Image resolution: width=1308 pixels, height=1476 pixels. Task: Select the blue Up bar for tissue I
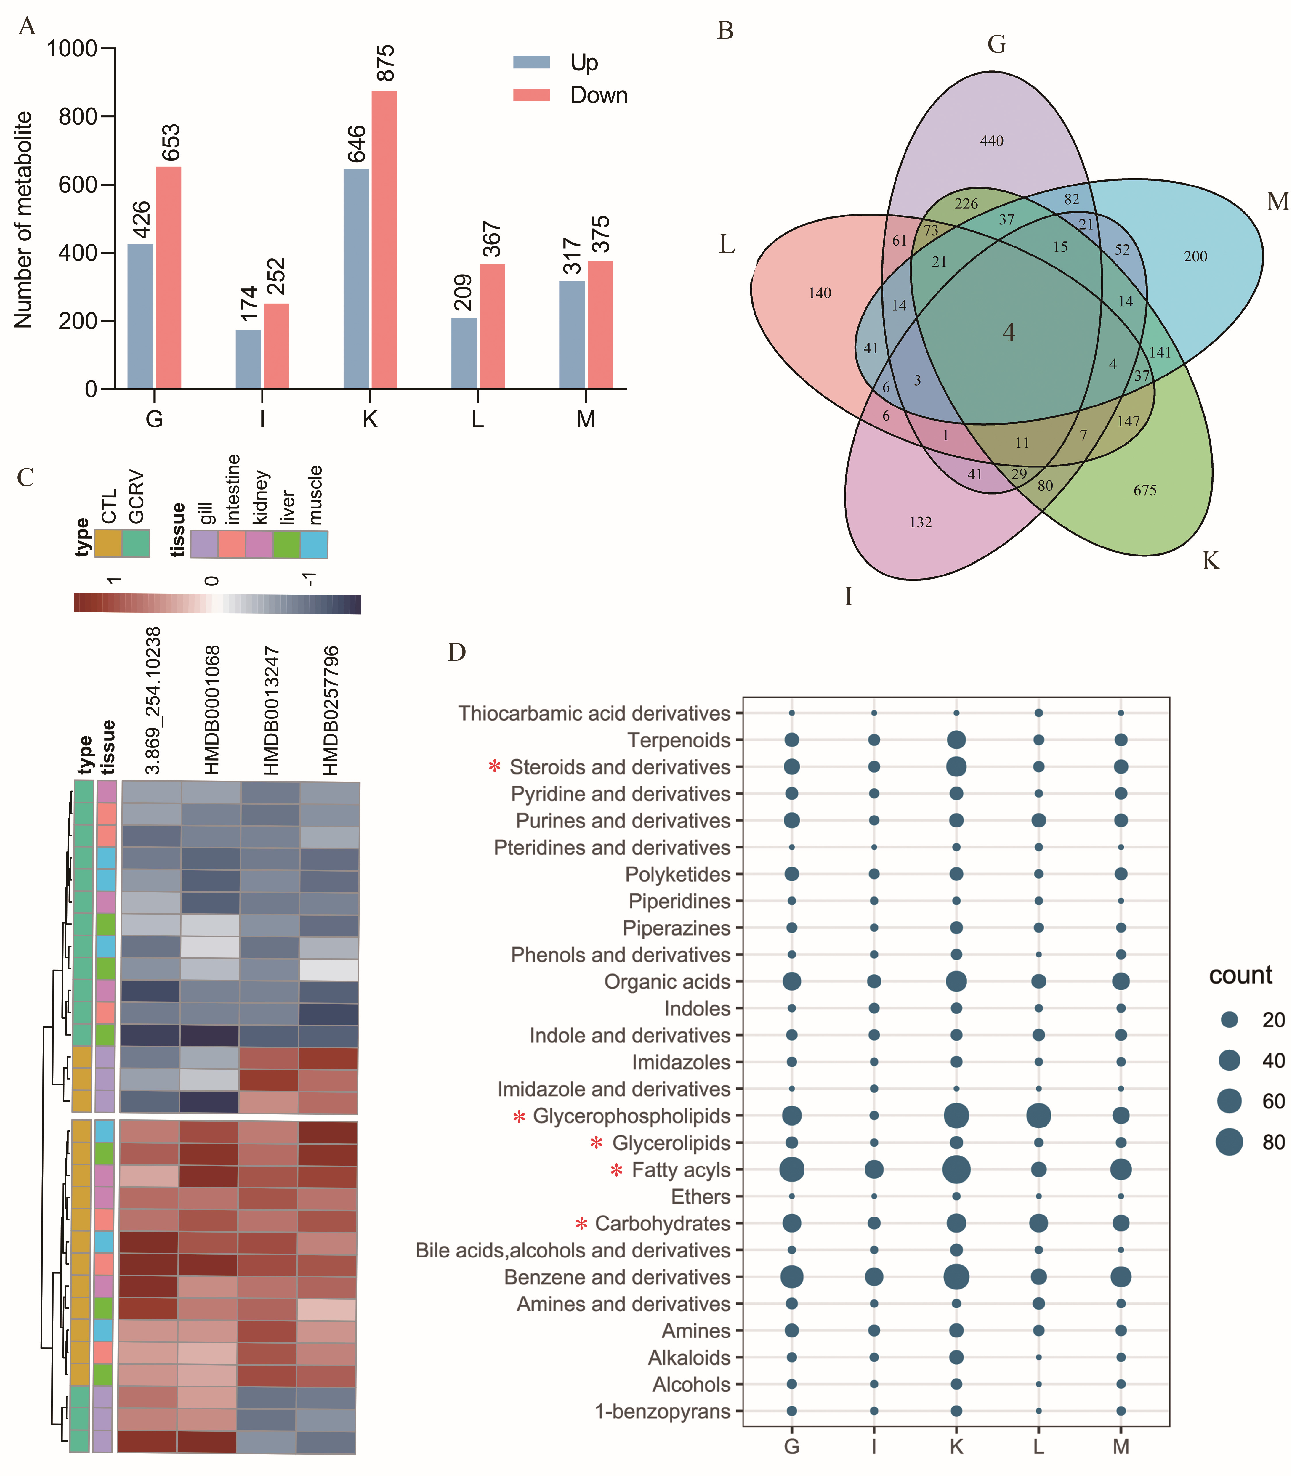click(x=248, y=359)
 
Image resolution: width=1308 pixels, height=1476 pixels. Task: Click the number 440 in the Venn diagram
click(x=992, y=141)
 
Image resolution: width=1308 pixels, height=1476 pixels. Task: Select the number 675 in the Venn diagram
click(x=1145, y=490)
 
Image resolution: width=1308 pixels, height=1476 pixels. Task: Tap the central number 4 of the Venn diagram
click(x=1009, y=332)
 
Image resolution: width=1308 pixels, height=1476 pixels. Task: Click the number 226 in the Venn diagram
click(x=966, y=204)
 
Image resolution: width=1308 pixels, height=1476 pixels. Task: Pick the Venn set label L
click(x=727, y=244)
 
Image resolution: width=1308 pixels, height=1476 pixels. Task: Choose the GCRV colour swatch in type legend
click(x=136, y=543)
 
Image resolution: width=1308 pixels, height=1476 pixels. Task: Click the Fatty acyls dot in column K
click(x=956, y=1169)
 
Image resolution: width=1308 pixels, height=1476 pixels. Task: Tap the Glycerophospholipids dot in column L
click(x=1038, y=1116)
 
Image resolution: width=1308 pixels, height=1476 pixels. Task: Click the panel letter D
click(x=456, y=652)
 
